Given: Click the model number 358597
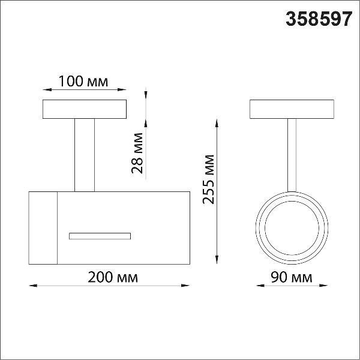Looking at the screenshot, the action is pos(319,19).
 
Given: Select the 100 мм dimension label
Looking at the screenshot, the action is pos(83,81).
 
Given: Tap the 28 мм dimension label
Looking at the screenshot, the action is pos(137,153).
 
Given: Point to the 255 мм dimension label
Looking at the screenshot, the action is pos(208,179).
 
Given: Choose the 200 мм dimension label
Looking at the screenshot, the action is pos(113,277).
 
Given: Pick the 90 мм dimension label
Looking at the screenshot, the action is pos(291,277).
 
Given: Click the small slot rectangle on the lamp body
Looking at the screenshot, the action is pos(100,236).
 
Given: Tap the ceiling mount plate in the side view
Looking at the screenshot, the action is pos(85,109).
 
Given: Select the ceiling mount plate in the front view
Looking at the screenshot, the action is pos(292,109).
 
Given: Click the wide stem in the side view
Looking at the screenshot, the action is pos(85,155).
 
